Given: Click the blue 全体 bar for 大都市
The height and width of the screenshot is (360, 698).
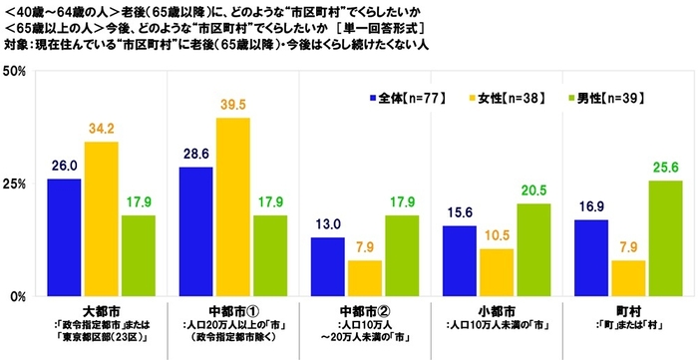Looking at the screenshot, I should [65, 237].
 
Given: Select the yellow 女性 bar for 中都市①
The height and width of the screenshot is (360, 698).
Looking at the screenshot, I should [233, 207].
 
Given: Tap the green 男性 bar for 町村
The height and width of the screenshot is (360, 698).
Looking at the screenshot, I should [666, 238].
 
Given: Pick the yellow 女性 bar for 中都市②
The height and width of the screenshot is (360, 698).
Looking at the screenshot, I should [364, 278].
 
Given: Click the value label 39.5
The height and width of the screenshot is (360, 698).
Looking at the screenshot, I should [233, 106].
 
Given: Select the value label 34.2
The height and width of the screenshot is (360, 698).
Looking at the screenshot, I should [103, 130].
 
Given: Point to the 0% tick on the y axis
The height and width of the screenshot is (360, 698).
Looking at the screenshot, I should [18, 296].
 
